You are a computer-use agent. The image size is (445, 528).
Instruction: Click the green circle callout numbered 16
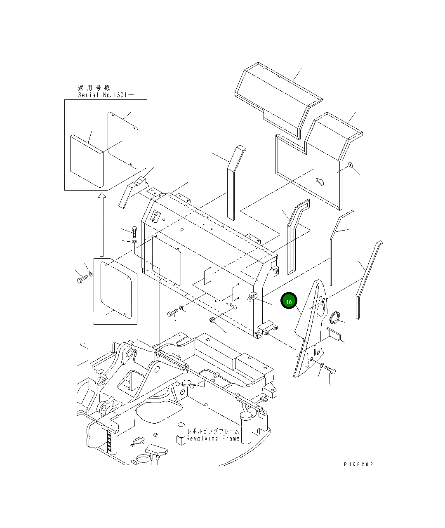coord(289,302)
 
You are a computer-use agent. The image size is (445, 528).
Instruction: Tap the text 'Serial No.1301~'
coord(106,95)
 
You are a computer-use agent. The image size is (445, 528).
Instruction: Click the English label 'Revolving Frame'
coord(212,438)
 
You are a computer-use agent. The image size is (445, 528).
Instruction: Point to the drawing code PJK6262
coord(358,464)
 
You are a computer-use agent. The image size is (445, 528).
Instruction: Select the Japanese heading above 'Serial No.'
coord(94,88)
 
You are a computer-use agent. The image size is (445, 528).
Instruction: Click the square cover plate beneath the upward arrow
coord(116,289)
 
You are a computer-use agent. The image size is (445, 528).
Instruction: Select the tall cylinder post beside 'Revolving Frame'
coord(247,427)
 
